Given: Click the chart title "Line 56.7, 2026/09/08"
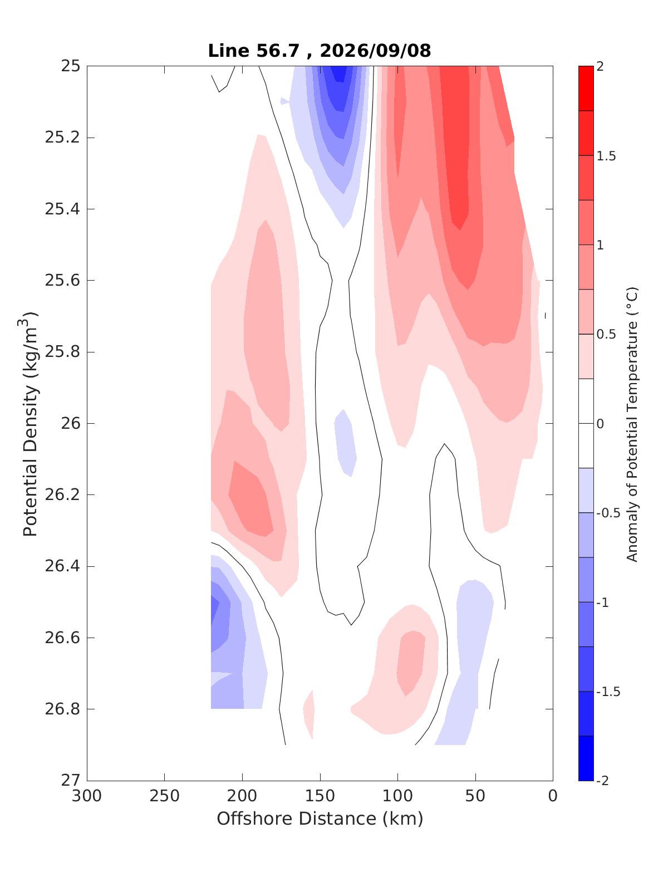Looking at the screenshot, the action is (x=320, y=51).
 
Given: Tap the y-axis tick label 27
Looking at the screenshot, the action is (x=70, y=780).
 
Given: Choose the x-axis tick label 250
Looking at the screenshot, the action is (x=165, y=796).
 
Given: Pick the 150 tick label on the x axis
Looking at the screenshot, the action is (x=320, y=796).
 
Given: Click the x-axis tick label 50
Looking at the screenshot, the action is (x=475, y=796).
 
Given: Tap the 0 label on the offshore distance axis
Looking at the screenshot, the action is (x=553, y=796).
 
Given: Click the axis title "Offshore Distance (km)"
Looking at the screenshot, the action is (x=320, y=819).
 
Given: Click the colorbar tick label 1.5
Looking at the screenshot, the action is (x=606, y=156).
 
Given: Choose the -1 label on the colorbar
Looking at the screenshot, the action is (x=602, y=602).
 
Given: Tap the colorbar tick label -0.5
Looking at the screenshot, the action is (x=608, y=513).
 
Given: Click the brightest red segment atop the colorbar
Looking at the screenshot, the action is (x=586, y=89).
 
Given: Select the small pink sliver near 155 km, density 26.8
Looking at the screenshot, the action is (x=309, y=714).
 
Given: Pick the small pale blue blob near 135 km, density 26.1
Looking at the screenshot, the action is (x=345, y=442).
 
